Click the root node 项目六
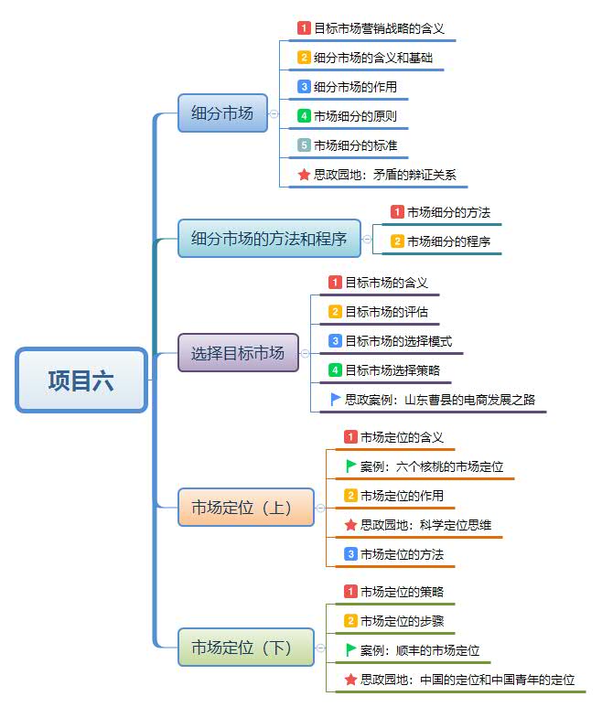tap(81, 380)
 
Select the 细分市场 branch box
tap(222, 113)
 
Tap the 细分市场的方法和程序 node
tap(269, 239)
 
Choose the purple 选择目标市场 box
tap(238, 352)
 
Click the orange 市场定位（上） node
tap(245, 507)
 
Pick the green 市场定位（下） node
tap(245, 648)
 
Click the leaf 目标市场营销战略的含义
tap(379, 28)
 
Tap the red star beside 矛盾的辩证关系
tap(305, 175)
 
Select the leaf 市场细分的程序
tap(448, 241)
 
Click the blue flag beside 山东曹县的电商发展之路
tap(336, 400)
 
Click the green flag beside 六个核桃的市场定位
tap(350, 466)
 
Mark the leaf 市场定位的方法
tap(402, 554)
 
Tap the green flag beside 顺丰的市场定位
tap(350, 650)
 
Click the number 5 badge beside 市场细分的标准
tap(305, 145)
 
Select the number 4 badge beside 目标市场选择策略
tap(336, 370)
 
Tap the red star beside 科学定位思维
tap(350, 525)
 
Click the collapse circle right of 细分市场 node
tap(274, 114)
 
